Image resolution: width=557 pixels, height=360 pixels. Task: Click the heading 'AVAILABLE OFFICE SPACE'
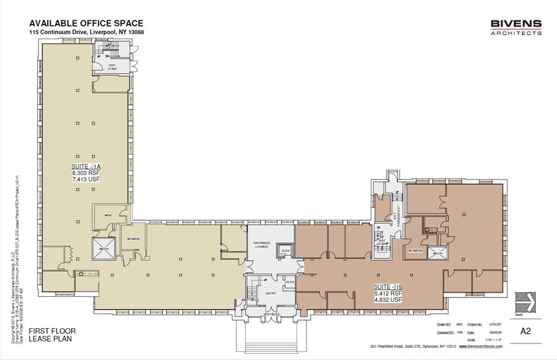(86, 23)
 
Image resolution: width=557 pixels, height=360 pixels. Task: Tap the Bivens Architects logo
(515, 28)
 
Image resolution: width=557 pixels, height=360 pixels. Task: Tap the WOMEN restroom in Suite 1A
(133, 239)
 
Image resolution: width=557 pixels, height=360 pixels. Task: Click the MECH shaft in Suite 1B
(438, 253)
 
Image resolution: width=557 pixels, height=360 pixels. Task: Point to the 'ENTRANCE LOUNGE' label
(262, 245)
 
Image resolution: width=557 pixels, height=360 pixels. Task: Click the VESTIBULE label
(271, 314)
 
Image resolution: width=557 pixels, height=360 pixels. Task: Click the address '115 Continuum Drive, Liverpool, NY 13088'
(86, 32)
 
